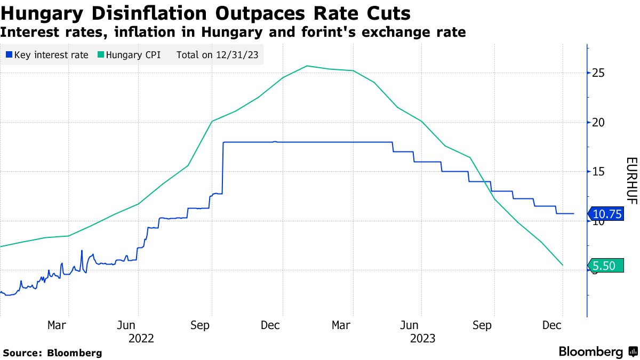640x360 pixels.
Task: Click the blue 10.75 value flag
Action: (606, 214)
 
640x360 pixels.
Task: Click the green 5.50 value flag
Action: (606, 265)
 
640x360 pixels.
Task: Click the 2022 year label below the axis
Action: (141, 338)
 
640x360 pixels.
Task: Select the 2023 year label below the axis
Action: (423, 338)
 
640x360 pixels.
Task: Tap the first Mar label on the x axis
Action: (57, 325)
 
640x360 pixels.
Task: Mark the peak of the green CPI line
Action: (307, 66)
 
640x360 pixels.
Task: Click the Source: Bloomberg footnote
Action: (52, 353)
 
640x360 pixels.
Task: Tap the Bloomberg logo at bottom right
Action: (598, 351)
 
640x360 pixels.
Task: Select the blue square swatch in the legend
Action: (9, 54)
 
